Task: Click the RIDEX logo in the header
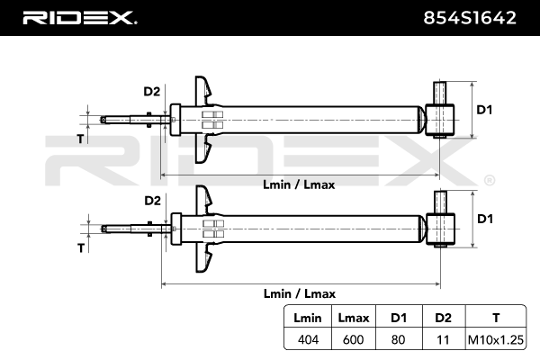tap(79, 17)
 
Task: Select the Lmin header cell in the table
tap(302, 318)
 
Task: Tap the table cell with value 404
tap(302, 339)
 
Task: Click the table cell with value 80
tap(399, 339)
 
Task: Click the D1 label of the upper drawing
tap(484, 110)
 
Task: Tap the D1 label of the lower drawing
tap(484, 219)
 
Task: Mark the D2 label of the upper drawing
tap(151, 91)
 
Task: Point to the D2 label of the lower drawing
tap(151, 200)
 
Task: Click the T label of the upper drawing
tap(80, 139)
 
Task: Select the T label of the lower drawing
tap(80, 247)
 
